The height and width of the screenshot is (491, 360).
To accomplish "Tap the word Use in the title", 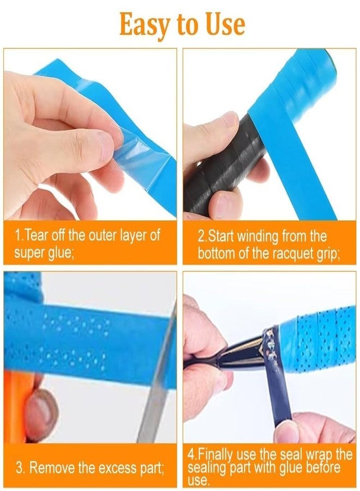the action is click(225, 24).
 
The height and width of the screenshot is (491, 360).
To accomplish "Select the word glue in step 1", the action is click(61, 253).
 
